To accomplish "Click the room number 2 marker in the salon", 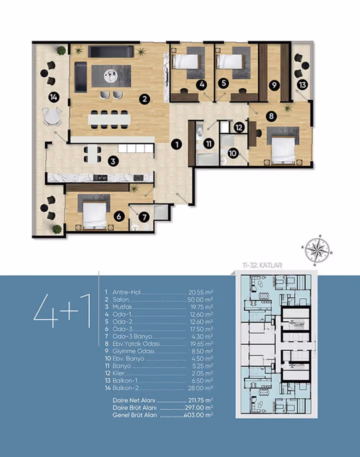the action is click(144, 99).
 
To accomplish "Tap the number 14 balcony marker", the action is click(53, 97).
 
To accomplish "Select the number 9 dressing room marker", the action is click(274, 85).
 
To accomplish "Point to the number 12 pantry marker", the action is click(239, 127).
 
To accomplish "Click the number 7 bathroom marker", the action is click(144, 217).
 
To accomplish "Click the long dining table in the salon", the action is click(109, 119).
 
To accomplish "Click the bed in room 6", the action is click(94, 216).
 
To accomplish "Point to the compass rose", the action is click(317, 250).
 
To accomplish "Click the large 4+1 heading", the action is click(62, 311).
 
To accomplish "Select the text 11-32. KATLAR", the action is click(262, 265).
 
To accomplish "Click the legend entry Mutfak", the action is click(122, 307).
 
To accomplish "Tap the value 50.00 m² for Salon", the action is click(200, 299).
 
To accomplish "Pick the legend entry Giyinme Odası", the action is click(134, 351).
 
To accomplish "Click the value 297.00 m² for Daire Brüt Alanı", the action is click(199, 407).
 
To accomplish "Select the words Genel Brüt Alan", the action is click(134, 415).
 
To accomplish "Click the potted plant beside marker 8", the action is click(288, 108).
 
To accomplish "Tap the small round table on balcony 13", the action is click(305, 66).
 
